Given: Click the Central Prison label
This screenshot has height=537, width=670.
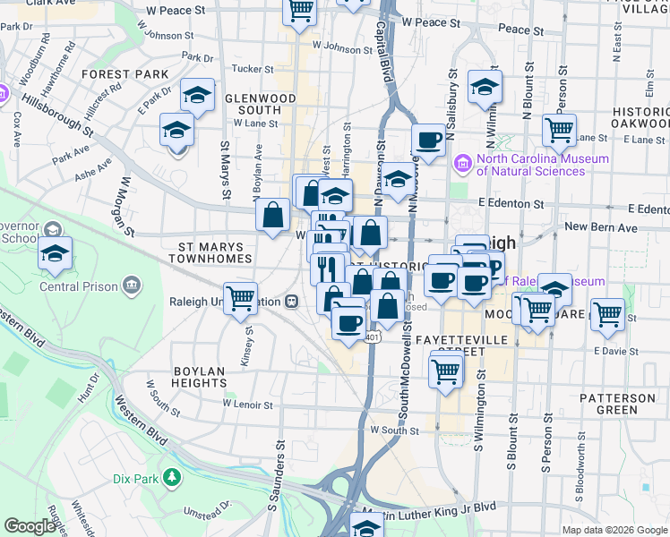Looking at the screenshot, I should point(78,287).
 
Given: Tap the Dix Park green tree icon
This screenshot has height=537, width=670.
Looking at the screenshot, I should point(170,478).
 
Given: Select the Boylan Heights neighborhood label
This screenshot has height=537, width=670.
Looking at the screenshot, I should point(199,375).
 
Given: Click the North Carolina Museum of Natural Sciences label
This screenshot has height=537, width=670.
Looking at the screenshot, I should point(542,166).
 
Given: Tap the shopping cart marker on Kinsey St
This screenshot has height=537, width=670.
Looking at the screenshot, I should point(241,298).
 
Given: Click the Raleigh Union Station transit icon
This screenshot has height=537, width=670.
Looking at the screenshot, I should point(292,302).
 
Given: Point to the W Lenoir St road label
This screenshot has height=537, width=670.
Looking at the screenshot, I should point(246,405).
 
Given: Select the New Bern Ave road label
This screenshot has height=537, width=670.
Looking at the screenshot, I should point(600,228).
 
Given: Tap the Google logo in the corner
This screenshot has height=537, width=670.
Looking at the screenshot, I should point(30,526).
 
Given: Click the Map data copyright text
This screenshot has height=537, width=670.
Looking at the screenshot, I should point(614,530).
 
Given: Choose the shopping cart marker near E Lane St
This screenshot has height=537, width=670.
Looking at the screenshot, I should point(560,131).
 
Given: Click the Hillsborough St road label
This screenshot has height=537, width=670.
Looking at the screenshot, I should point(58,115).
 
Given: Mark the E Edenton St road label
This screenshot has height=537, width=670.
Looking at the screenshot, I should point(511,204).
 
